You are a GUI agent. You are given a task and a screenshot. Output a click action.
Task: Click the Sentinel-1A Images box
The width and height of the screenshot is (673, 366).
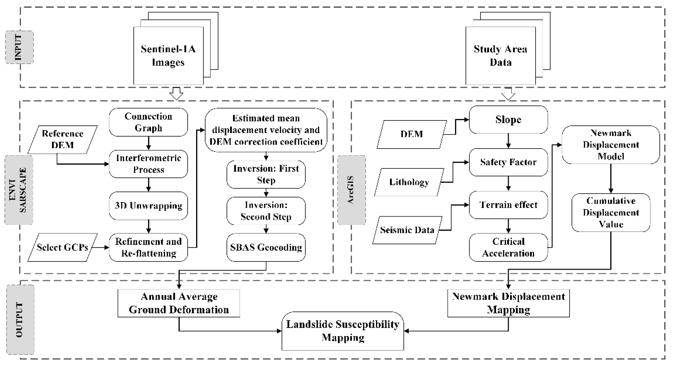pyautogui.click(x=168, y=56)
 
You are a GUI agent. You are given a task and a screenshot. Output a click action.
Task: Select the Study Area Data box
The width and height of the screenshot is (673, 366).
pyautogui.click(x=500, y=56)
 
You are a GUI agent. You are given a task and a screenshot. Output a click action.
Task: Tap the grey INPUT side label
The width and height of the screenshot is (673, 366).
pyautogui.click(x=19, y=47)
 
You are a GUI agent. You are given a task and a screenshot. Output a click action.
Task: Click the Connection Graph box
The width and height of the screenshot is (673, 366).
pyautogui.click(x=148, y=122)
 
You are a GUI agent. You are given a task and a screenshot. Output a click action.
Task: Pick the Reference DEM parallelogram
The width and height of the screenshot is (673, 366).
pyautogui.click(x=63, y=140)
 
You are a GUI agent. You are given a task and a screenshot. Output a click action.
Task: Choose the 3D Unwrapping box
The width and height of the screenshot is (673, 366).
pyautogui.click(x=148, y=206)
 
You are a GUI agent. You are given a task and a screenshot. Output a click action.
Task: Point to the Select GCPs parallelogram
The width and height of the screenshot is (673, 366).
pyautogui.click(x=63, y=247)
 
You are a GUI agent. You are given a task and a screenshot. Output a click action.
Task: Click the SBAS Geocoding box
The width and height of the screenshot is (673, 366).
pyautogui.click(x=266, y=247)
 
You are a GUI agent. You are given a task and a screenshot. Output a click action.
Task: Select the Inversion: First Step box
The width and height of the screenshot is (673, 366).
pyautogui.click(x=266, y=174)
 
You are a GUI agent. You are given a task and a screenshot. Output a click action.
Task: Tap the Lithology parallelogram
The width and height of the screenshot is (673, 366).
pyautogui.click(x=409, y=182)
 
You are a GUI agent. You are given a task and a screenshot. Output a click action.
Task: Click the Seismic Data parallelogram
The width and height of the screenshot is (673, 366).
pyautogui.click(x=407, y=230)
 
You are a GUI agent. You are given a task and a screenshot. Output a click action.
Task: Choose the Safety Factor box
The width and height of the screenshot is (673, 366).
pyautogui.click(x=508, y=162)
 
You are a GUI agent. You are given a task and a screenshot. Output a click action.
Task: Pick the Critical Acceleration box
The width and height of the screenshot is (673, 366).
pyautogui.click(x=508, y=247)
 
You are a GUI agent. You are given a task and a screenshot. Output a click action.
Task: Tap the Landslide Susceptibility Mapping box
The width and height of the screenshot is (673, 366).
pyautogui.click(x=343, y=331)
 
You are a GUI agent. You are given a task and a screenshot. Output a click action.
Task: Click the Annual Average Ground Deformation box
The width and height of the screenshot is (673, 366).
pyautogui.click(x=179, y=303)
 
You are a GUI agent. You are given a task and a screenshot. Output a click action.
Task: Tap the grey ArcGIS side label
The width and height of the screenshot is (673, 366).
pyautogui.click(x=351, y=190)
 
